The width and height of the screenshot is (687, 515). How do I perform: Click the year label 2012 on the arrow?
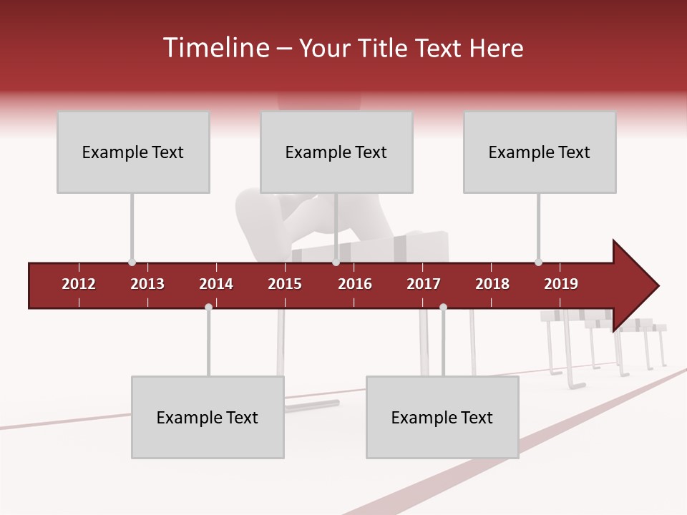[79, 284]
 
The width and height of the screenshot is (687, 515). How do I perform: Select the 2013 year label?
[147, 284]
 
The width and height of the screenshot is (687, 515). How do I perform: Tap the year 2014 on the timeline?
[216, 284]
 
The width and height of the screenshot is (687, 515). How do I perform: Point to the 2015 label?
[285, 284]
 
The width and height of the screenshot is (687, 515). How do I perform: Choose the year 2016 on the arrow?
[355, 284]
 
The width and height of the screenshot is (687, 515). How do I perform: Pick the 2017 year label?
[424, 284]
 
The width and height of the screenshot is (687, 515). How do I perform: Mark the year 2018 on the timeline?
[492, 284]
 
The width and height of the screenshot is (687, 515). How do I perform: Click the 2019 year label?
[561, 284]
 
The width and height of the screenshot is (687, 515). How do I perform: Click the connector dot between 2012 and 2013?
[132, 263]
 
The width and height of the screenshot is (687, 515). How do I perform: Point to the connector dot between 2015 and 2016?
[336, 263]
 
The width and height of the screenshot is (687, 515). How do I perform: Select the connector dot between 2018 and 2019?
[538, 263]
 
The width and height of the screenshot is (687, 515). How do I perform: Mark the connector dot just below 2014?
[208, 307]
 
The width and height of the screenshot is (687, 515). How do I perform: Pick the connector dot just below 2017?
[443, 307]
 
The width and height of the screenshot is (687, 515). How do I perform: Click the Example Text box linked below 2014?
[208, 417]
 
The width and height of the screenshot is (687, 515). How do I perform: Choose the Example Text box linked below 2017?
[442, 417]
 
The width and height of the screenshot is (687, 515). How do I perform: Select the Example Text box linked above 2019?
[540, 152]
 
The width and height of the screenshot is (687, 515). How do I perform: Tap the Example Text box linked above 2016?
[336, 152]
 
